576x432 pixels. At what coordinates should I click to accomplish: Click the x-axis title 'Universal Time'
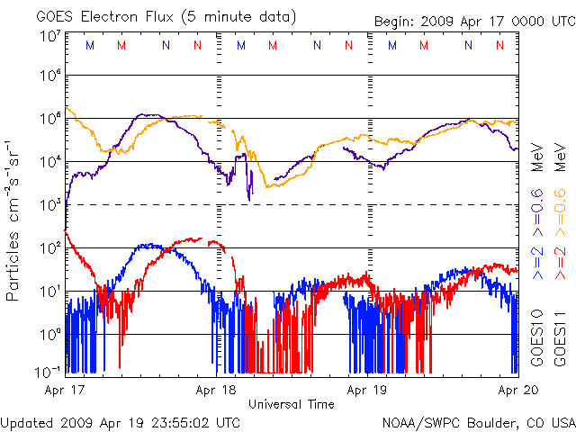[x=291, y=404]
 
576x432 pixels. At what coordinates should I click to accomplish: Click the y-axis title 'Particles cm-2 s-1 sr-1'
[x=14, y=220]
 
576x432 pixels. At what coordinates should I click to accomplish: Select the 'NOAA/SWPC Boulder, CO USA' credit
[x=478, y=421]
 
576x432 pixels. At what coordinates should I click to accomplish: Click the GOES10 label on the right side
[x=536, y=337]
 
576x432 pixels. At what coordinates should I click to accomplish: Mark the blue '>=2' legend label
[x=536, y=265]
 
